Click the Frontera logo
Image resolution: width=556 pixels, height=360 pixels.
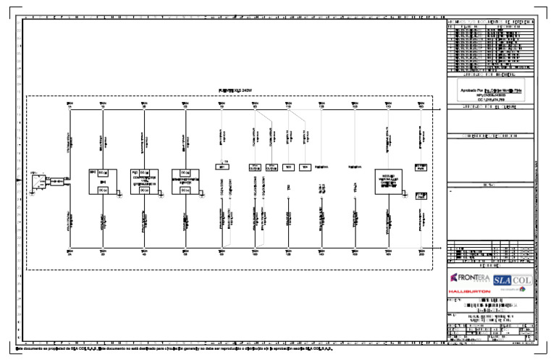pos(470,278)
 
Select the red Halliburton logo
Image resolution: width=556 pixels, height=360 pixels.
pos(469,291)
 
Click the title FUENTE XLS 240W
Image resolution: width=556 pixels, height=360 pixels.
pos(238,90)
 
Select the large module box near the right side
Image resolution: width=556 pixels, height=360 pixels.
pos(388,181)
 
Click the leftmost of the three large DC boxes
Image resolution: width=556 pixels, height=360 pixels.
pos(102,181)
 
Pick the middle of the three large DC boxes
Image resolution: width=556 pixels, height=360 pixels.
pos(143,181)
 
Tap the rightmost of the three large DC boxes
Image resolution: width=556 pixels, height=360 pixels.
pos(185,181)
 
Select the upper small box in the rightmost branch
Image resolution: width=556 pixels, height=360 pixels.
pos(421,167)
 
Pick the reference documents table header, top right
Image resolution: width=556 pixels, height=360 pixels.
pos(490,22)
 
